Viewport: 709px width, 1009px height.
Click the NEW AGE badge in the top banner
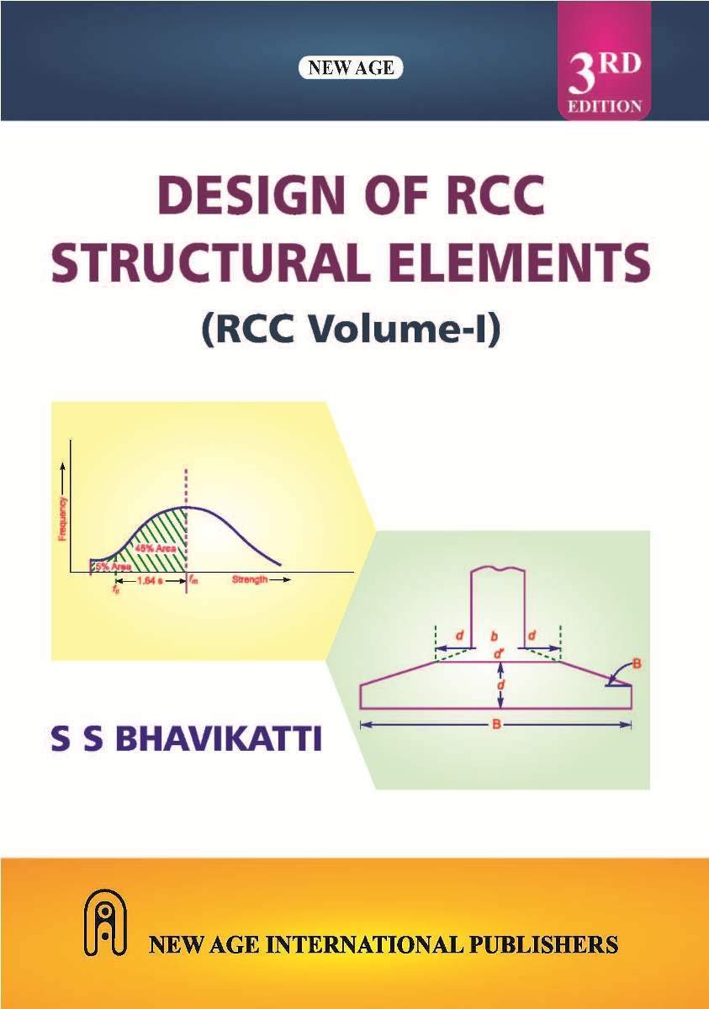click(351, 68)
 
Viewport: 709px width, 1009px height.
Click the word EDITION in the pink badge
click(605, 107)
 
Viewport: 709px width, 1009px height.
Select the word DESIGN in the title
click(240, 197)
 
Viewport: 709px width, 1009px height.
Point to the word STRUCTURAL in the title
click(208, 261)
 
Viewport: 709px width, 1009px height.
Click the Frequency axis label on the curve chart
click(62, 519)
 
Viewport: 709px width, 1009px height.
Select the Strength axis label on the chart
click(250, 579)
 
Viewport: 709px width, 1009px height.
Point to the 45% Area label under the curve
click(155, 548)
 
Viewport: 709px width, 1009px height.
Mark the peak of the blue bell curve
click(186, 507)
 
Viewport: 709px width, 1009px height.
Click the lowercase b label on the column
click(495, 637)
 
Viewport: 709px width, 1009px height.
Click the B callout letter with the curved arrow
click(637, 663)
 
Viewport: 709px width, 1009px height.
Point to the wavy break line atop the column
click(497, 571)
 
